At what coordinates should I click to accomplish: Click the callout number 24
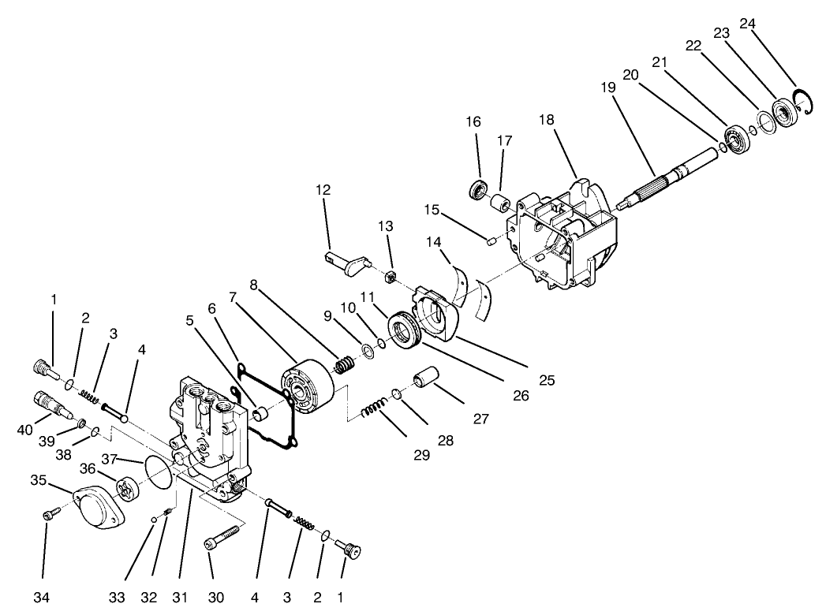(x=747, y=24)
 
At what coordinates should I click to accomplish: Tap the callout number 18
(x=546, y=119)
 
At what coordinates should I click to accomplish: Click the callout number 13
(x=385, y=227)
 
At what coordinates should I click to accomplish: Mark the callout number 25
(x=546, y=380)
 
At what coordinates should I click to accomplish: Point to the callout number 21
(x=660, y=61)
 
